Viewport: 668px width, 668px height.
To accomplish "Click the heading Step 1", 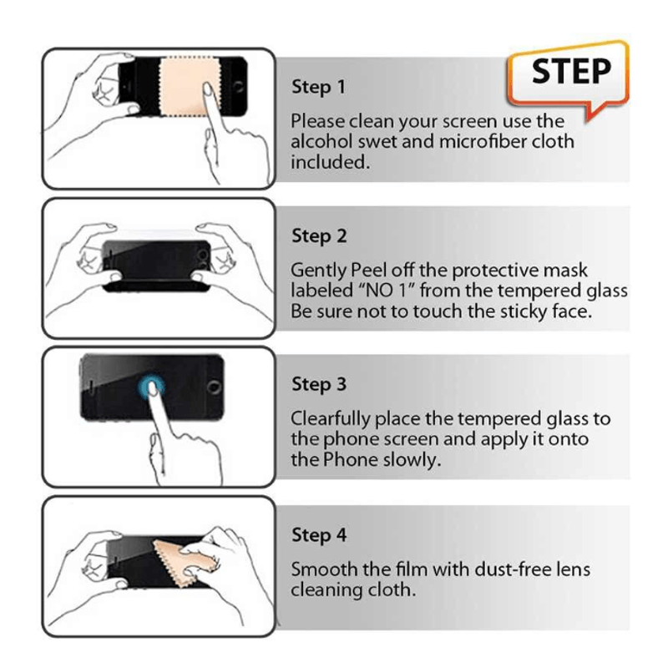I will point(318,87).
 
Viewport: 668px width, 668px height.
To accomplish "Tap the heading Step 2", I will point(319,236).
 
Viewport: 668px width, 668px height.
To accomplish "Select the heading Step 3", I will point(319,385).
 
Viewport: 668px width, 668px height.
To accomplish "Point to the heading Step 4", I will point(319,534).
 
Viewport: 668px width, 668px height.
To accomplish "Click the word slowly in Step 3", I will point(409,459).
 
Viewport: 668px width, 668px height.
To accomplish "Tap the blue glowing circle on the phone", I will point(151,386).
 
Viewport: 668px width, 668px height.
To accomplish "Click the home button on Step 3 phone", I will point(213,388).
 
